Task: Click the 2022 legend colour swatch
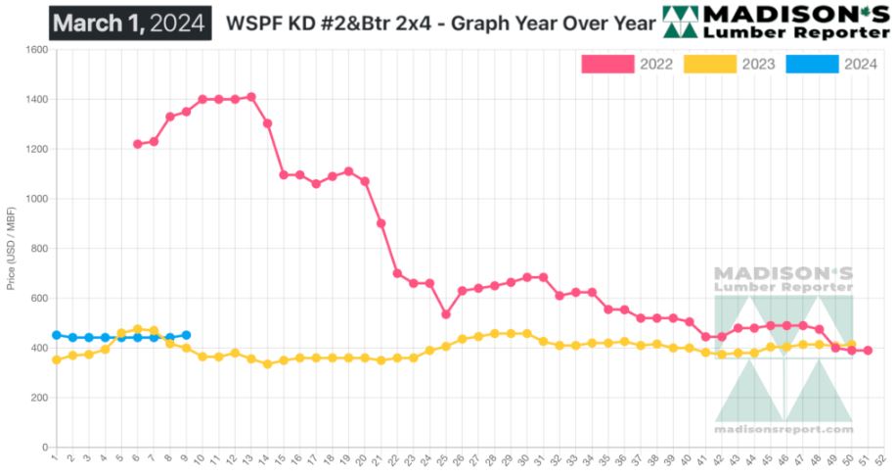click(607, 65)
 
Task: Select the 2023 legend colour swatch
click(710, 65)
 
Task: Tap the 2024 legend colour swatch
click(813, 65)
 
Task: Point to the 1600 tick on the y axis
click(36, 50)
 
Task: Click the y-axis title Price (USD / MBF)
click(11, 249)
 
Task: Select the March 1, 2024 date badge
click(130, 22)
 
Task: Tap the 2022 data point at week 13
click(251, 97)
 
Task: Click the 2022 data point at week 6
click(137, 144)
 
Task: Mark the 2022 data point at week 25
click(446, 314)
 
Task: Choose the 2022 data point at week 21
click(381, 223)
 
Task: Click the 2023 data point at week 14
click(267, 363)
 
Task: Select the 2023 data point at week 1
click(56, 359)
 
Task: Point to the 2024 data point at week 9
click(186, 335)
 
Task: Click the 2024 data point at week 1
click(56, 335)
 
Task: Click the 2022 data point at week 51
click(869, 351)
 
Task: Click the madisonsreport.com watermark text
click(783, 429)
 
